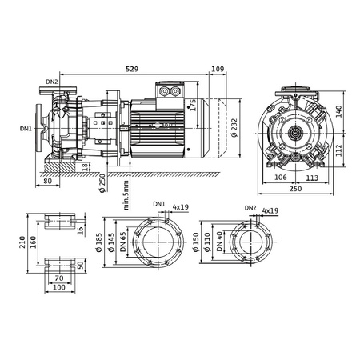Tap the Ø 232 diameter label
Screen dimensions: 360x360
(x=233, y=126)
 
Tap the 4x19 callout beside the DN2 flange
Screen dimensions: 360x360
(x=270, y=210)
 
